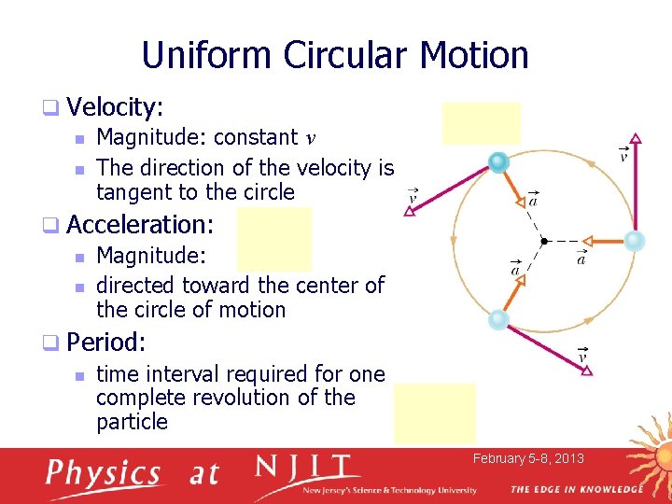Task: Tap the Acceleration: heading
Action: (140, 224)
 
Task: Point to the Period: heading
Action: (104, 342)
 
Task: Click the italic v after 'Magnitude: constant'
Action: (311, 138)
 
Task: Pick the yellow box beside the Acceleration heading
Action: (273, 239)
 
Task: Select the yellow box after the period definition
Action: (434, 413)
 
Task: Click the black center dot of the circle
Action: (544, 241)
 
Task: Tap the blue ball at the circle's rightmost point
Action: (635, 241)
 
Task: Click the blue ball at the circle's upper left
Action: (498, 162)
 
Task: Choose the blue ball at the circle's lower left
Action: (498, 319)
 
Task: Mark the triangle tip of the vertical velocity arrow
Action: (636, 139)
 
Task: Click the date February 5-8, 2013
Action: (528, 458)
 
